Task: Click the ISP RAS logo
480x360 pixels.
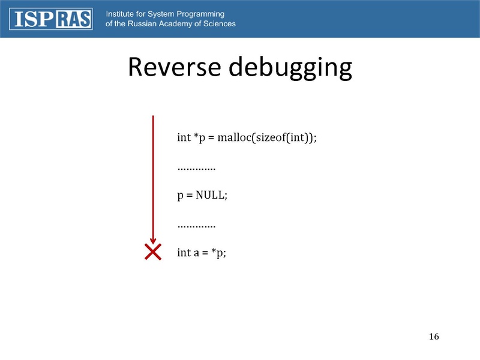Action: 52,19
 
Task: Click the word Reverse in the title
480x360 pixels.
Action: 173,68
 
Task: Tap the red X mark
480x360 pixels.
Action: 154,253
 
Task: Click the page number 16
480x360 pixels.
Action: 434,336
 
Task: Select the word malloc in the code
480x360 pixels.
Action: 235,137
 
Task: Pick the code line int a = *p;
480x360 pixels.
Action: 202,253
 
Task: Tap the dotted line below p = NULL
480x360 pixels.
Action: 196,225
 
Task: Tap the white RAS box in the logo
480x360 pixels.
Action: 74,19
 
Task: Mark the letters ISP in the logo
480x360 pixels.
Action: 32,19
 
